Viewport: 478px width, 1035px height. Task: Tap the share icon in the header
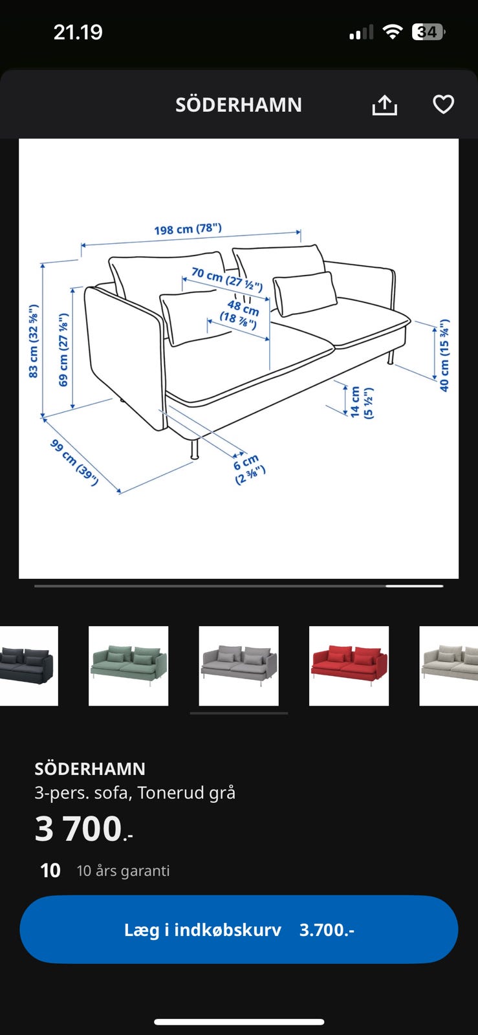384,105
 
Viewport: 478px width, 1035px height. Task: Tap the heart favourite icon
443,104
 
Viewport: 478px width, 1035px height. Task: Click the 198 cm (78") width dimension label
188,229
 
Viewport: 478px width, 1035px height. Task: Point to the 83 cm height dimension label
33,341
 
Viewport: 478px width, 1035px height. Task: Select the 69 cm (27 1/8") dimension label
63,349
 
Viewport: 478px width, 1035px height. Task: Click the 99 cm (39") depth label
74,463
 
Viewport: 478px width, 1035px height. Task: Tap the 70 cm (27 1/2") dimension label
227,279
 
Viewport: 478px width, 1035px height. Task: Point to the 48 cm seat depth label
239,313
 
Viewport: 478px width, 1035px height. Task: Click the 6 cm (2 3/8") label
248,468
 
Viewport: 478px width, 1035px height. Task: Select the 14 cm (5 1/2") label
362,402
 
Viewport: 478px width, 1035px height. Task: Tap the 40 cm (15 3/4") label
444,355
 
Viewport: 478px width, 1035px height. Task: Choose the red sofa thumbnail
349,666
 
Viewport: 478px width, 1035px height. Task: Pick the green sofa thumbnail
128,666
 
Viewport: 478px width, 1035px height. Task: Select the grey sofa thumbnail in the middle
239,666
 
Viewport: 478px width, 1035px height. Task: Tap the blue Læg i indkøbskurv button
239,929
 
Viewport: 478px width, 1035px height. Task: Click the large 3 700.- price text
83,829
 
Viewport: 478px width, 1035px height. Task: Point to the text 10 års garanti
124,871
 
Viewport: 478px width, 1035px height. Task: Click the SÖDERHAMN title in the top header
238,105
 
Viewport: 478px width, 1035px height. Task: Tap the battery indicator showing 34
428,32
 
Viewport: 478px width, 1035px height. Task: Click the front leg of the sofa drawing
195,448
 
